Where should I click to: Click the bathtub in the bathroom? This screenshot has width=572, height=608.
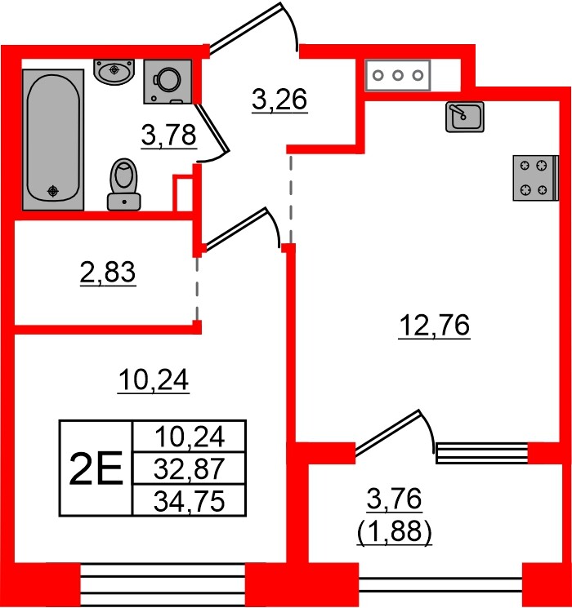point(53,140)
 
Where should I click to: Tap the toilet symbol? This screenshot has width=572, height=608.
point(124,184)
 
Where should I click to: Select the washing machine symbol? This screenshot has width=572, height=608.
point(168,82)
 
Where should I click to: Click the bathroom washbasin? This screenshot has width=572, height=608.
point(114,72)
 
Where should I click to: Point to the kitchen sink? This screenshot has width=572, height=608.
point(464,117)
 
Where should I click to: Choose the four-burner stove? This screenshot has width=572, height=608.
point(535,178)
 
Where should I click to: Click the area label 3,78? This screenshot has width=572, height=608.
point(169,136)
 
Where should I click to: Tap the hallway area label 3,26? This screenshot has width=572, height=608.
point(279,100)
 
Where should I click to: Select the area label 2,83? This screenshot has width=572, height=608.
point(108,273)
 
